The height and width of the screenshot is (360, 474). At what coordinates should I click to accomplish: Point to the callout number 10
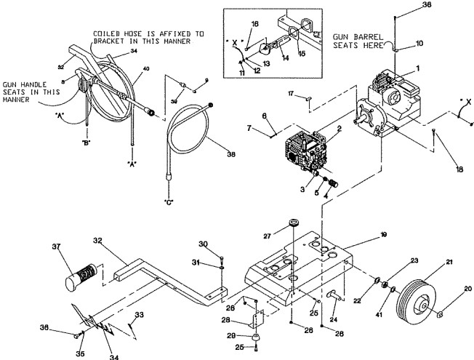pyautogui.click(x=419, y=44)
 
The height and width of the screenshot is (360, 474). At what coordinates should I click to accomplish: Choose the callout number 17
pyautogui.click(x=290, y=93)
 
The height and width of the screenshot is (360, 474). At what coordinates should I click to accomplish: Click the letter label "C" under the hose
pyautogui.click(x=169, y=200)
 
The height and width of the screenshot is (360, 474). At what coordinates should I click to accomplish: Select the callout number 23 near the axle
pyautogui.click(x=414, y=260)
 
